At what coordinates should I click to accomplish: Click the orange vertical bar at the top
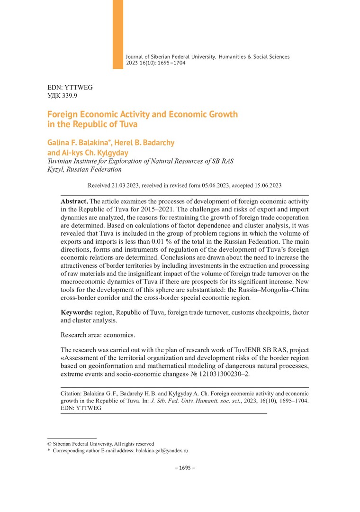[x=117, y=34]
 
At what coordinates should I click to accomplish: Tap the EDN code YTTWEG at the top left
[x=80, y=88]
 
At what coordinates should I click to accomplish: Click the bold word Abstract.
[x=74, y=201]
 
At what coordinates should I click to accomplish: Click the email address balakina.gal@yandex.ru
[x=162, y=451]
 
